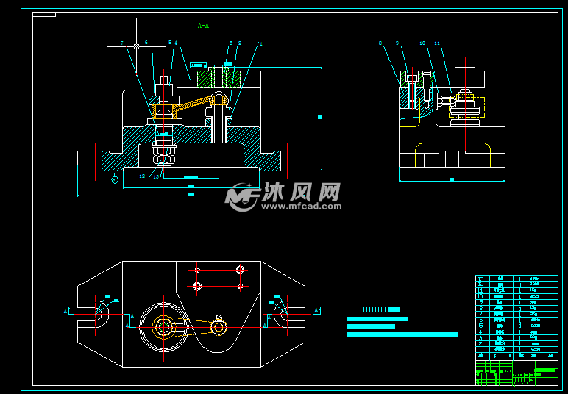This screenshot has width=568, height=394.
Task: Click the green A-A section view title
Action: pos(204,26)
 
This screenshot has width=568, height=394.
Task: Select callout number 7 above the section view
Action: pos(122,43)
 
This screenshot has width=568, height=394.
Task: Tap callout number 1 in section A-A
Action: pos(260,44)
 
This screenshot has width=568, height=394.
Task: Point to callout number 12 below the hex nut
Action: pos(141,176)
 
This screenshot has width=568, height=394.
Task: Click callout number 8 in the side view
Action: pos(380,44)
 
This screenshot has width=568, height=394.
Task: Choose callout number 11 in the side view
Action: pos(437,44)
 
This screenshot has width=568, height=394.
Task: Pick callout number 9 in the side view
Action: pos(397,44)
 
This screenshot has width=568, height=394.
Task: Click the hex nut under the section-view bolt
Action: pos(163,156)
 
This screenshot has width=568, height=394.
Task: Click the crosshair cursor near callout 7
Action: pos(137,46)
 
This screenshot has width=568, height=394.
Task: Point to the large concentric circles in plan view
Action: pos(163,326)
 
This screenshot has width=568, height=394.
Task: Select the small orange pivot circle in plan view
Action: pos(219,328)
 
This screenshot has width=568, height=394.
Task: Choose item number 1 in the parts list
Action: pos(480,348)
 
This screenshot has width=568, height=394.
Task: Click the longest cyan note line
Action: pos(402,334)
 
